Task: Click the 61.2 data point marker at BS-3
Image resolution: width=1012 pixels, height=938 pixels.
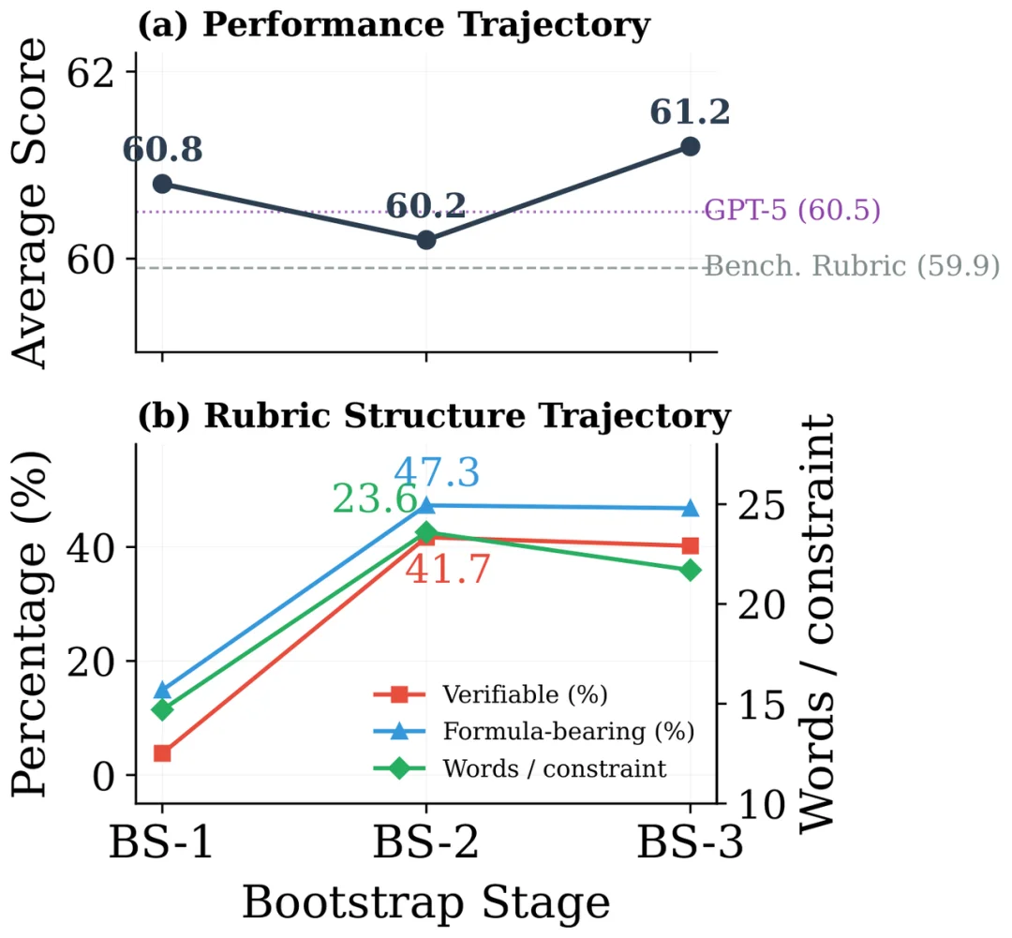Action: pyautogui.click(x=690, y=146)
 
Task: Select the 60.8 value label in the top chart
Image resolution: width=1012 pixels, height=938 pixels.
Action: pyautogui.click(x=163, y=149)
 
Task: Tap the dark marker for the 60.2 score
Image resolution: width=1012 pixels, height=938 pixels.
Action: pyautogui.click(x=426, y=240)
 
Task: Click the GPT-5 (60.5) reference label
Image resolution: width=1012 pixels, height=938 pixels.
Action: pyautogui.click(x=792, y=210)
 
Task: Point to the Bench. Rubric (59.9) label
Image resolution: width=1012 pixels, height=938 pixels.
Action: pyautogui.click(x=851, y=265)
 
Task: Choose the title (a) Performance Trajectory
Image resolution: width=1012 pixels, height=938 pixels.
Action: pyautogui.click(x=394, y=25)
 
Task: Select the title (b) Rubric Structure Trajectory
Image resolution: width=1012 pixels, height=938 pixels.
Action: pyautogui.click(x=434, y=416)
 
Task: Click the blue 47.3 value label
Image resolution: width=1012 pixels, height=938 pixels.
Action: pyautogui.click(x=437, y=472)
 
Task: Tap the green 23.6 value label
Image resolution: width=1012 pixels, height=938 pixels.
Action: pyautogui.click(x=375, y=499)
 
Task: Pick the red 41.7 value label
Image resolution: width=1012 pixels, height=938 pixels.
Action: pyautogui.click(x=448, y=570)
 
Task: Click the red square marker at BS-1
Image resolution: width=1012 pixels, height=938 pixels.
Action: pyautogui.click(x=162, y=752)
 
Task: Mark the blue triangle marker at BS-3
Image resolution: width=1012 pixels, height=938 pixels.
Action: pyautogui.click(x=690, y=508)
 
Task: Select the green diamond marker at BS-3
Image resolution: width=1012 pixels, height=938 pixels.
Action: pyautogui.click(x=690, y=570)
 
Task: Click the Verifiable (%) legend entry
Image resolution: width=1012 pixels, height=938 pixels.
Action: pyautogui.click(x=491, y=694)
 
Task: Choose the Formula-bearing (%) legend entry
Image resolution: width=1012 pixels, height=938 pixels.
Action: pyautogui.click(x=534, y=732)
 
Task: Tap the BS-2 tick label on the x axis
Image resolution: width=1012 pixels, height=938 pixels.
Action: pyautogui.click(x=426, y=842)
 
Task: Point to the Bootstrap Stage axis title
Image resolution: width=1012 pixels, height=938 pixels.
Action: pyautogui.click(x=426, y=903)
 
